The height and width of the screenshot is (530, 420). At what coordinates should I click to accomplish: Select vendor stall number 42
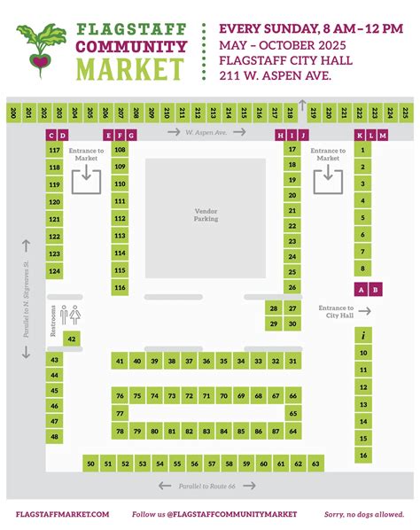click(x=72, y=339)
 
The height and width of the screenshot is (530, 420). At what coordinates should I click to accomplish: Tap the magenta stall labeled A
click(x=361, y=289)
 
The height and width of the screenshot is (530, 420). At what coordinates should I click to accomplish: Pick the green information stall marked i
click(x=362, y=336)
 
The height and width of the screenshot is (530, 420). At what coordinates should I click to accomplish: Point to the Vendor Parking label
click(x=206, y=215)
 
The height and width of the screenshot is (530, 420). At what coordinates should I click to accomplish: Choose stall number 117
click(x=55, y=152)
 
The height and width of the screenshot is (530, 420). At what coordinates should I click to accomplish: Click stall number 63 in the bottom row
click(x=315, y=464)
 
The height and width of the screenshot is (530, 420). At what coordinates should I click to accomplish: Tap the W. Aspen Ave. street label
click(x=206, y=133)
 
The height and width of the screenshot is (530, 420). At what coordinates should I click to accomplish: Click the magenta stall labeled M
click(x=383, y=135)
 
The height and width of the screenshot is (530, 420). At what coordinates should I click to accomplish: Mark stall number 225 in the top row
click(x=404, y=113)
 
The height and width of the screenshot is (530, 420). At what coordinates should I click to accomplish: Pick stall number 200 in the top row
click(x=15, y=113)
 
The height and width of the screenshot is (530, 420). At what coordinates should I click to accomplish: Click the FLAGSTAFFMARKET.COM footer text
click(x=62, y=514)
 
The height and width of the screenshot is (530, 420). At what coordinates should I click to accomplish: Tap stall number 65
click(x=292, y=413)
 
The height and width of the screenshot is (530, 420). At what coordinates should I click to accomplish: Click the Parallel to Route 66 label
click(x=207, y=486)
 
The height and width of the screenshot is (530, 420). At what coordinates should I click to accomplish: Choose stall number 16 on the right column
click(x=362, y=456)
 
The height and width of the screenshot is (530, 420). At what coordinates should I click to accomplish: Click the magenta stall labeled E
click(x=108, y=135)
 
